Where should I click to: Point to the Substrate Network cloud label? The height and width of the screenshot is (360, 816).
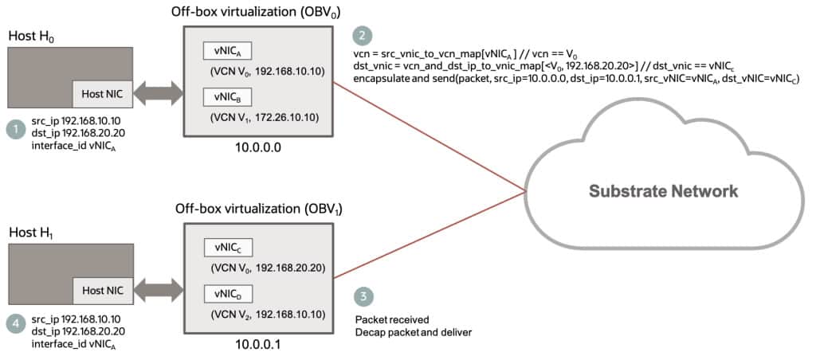coord(663,191)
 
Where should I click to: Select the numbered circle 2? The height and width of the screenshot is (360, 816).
coord(363,36)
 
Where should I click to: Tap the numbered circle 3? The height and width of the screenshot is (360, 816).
coord(363,296)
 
